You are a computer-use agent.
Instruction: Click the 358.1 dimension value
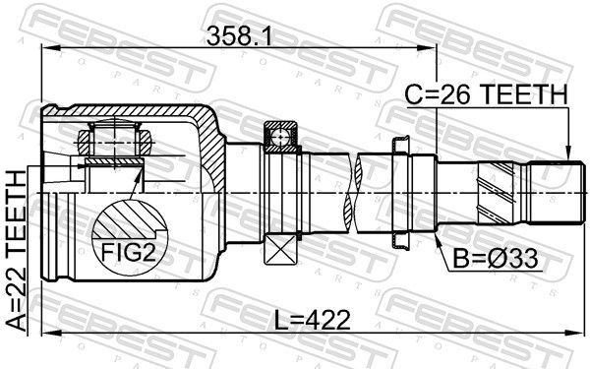(x=239, y=36)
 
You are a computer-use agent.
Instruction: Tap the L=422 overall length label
(x=312, y=320)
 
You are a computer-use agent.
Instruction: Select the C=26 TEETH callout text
(x=486, y=94)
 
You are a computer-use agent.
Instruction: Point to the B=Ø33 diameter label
(x=496, y=260)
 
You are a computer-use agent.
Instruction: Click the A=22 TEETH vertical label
(x=16, y=251)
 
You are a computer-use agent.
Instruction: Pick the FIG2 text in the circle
(x=129, y=253)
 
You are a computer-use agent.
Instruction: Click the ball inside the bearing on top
(x=280, y=137)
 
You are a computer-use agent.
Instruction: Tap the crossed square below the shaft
(x=280, y=249)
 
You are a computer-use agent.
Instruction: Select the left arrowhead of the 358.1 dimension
(x=51, y=48)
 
